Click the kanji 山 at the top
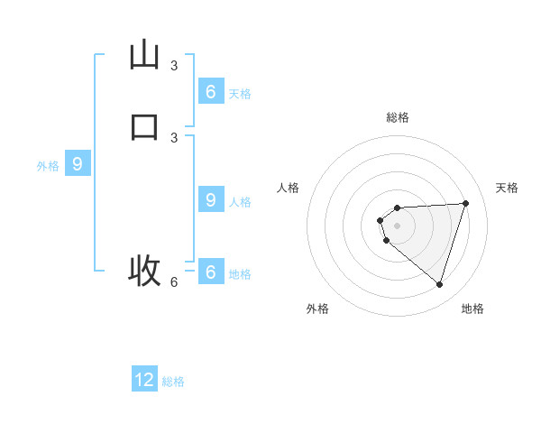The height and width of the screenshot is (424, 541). click(x=144, y=55)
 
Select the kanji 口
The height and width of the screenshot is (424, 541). click(x=144, y=126)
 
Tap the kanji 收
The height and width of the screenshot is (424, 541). click(x=144, y=270)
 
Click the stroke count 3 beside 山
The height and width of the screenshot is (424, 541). click(x=174, y=65)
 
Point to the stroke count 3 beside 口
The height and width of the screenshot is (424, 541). click(x=174, y=137)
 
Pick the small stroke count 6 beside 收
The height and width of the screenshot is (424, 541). click(x=174, y=281)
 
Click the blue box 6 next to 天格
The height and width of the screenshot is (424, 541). click(x=210, y=91)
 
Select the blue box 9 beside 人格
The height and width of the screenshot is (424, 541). click(x=210, y=200)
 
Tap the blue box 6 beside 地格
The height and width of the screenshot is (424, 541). click(x=210, y=272)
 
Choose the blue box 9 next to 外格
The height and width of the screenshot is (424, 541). click(x=78, y=164)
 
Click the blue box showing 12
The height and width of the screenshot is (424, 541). click(x=144, y=380)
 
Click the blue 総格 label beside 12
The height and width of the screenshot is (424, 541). click(x=173, y=382)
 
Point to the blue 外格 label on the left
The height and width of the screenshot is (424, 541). click(x=48, y=166)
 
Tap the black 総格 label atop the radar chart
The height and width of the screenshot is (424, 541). click(x=398, y=117)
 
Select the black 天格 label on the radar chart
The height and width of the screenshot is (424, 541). click(x=508, y=188)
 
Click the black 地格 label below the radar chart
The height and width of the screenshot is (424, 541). click(x=472, y=309)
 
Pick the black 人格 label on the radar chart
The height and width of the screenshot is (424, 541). click(x=289, y=188)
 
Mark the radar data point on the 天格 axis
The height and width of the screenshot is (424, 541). click(x=466, y=203)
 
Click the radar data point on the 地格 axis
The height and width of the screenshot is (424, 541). click(x=439, y=284)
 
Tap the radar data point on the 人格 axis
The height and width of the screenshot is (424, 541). click(x=381, y=220)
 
